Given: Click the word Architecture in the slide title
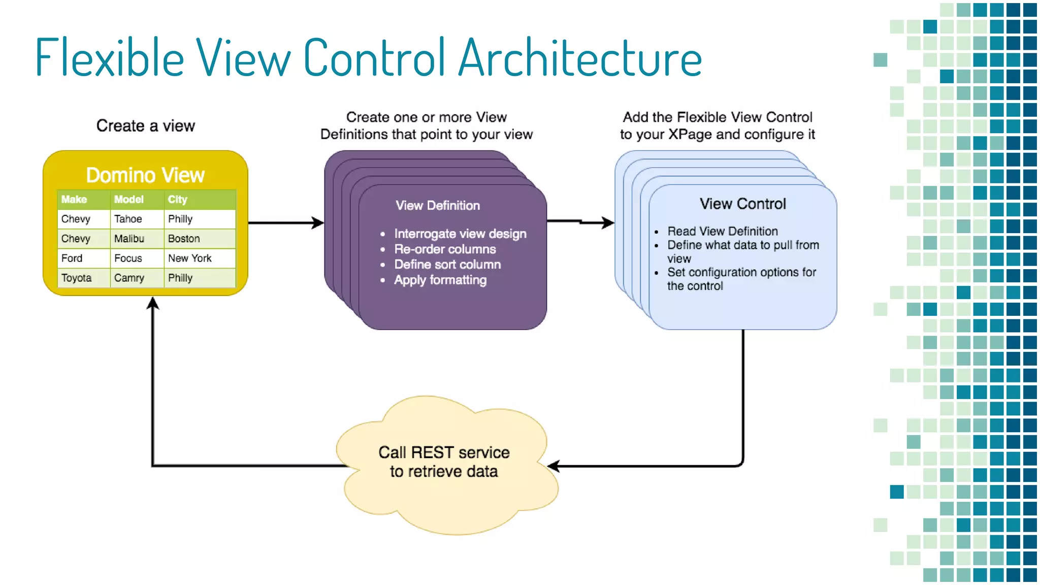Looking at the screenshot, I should (580, 58).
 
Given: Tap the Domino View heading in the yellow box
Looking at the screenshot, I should (145, 175).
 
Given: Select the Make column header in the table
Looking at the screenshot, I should (74, 200).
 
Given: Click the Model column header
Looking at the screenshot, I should (128, 200).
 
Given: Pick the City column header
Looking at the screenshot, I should (178, 200).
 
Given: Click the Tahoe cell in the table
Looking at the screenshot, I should (128, 219).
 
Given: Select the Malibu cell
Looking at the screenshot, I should (129, 239).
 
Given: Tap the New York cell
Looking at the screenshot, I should (190, 258).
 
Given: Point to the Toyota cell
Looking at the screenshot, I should (77, 278).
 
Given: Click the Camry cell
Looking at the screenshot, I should (129, 278).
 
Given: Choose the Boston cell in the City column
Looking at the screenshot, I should (184, 239).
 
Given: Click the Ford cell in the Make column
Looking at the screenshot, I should (72, 258).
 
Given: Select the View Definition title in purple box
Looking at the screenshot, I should (438, 206).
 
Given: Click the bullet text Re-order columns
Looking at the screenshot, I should (445, 249).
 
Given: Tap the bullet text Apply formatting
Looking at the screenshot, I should (440, 280).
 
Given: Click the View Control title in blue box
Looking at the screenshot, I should (742, 204).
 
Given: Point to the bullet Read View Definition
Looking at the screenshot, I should (722, 232).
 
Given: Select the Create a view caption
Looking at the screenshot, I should (146, 126).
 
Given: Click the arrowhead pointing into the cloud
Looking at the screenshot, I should (554, 466).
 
